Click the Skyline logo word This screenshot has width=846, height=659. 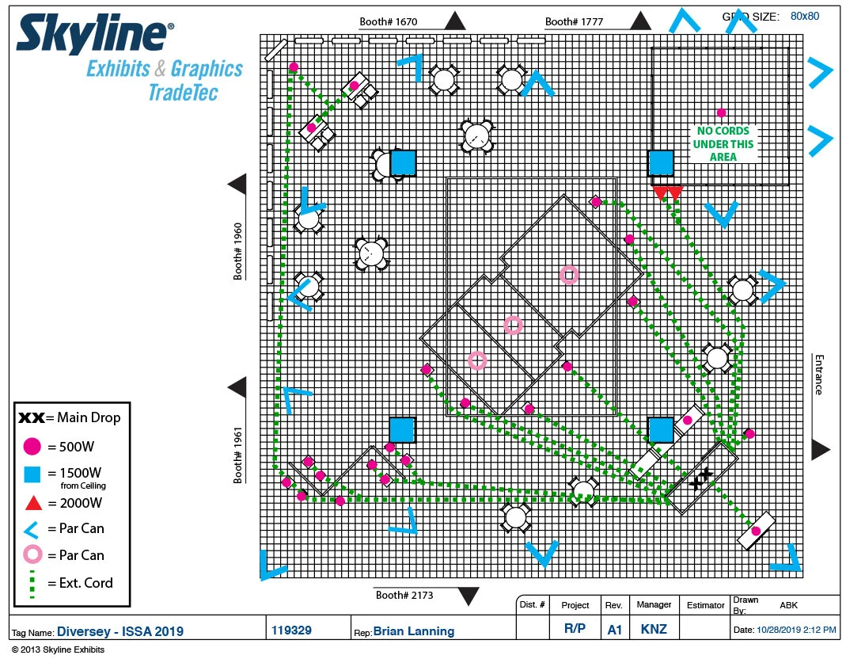tap(92, 37)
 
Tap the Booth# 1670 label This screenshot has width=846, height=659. tap(392, 21)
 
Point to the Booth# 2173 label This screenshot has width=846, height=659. tap(404, 595)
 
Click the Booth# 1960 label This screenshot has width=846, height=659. tap(238, 250)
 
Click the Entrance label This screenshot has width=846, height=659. tap(818, 374)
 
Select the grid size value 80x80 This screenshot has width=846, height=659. tap(805, 16)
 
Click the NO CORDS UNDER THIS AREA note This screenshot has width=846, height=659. tap(723, 144)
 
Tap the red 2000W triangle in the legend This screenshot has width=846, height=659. tap(32, 503)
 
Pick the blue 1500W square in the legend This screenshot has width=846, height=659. tap(32, 474)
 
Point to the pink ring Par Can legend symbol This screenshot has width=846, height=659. tap(32, 554)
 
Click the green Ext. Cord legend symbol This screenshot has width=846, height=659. tap(32, 585)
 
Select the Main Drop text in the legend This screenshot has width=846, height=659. tap(89, 417)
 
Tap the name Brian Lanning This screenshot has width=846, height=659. tap(414, 631)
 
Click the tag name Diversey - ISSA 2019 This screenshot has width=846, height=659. tap(120, 631)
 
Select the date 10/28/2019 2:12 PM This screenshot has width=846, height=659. tap(796, 630)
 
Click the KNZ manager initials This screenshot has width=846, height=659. tap(654, 630)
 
